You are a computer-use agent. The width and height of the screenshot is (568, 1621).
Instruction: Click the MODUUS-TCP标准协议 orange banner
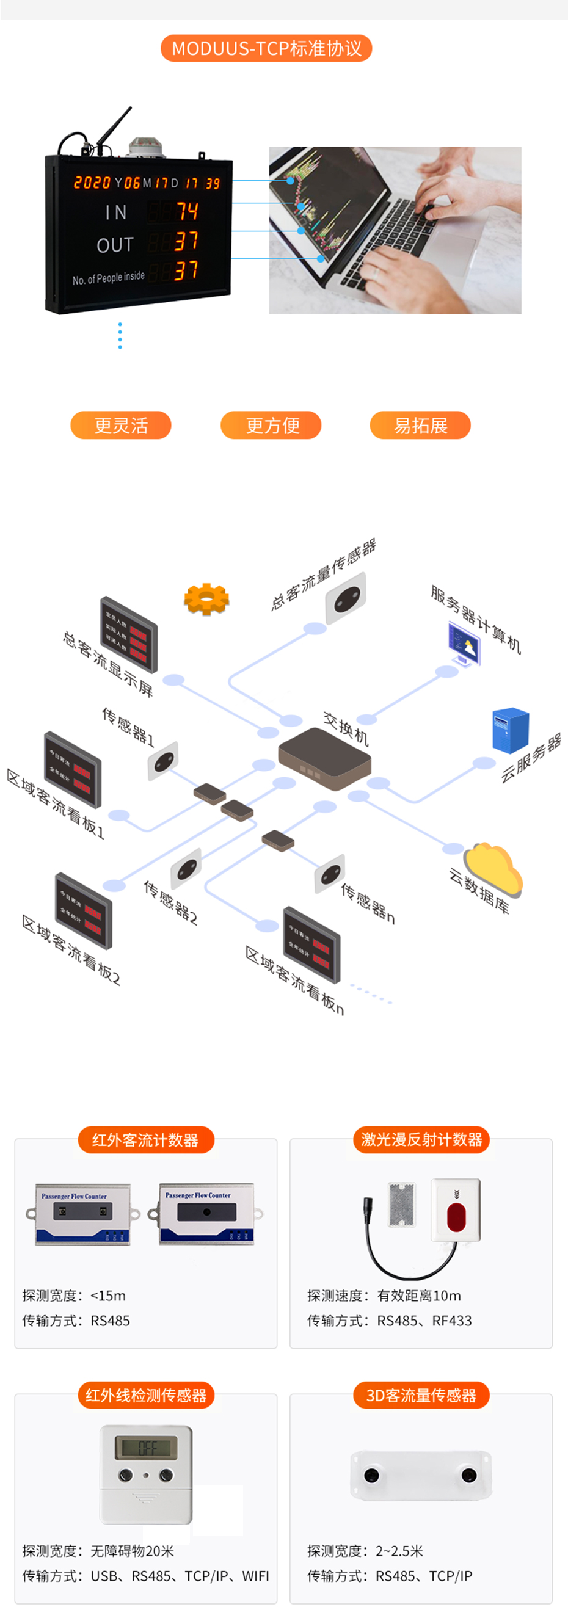click(266, 48)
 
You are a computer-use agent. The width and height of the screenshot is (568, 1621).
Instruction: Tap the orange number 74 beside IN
click(186, 211)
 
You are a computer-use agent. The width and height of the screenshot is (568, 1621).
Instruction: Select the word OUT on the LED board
click(115, 245)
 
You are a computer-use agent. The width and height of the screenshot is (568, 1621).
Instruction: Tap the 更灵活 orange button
click(120, 426)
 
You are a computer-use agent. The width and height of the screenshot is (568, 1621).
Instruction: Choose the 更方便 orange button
click(271, 426)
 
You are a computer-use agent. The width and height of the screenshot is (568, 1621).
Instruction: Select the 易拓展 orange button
click(420, 426)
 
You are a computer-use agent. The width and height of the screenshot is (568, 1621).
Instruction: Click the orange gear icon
click(206, 599)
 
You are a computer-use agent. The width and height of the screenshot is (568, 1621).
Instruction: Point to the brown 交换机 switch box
click(324, 758)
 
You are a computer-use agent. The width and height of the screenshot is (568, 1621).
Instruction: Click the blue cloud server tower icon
click(510, 730)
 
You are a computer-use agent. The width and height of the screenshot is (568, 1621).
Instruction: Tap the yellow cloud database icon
click(493, 867)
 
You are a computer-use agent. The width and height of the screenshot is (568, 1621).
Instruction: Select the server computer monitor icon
click(464, 642)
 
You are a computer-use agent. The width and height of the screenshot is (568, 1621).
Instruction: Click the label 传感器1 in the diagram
click(128, 726)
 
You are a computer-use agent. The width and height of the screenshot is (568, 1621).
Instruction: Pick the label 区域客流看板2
click(70, 949)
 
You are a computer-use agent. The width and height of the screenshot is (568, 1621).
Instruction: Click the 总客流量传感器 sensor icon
click(346, 596)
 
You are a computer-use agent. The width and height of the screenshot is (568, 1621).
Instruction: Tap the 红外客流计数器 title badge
click(145, 1140)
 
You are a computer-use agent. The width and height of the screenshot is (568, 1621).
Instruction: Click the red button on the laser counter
click(455, 1217)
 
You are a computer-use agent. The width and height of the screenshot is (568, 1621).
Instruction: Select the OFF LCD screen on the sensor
click(146, 1448)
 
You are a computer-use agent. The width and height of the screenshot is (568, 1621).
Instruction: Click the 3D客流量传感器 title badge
click(421, 1395)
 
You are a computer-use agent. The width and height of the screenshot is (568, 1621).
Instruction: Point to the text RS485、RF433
click(424, 1320)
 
